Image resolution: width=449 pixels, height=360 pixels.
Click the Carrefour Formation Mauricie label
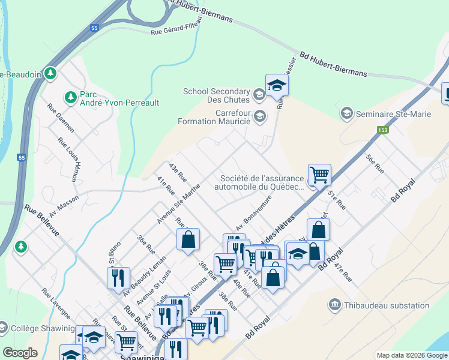click(x=214, y=117)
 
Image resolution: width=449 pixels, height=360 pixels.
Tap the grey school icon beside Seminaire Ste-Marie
click(x=346, y=113)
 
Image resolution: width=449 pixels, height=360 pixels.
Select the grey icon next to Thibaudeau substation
click(x=334, y=305)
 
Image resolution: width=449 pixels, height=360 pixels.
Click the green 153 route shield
click(x=382, y=130)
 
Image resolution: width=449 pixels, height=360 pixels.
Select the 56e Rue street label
click(x=375, y=163)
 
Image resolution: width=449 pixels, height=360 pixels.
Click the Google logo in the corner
click(x=20, y=353)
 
